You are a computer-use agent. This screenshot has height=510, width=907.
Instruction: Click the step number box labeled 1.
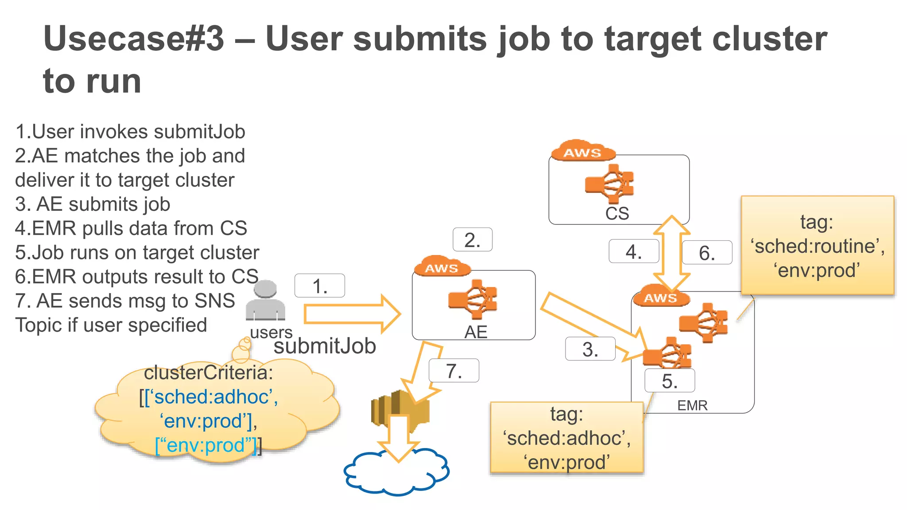click(x=319, y=286)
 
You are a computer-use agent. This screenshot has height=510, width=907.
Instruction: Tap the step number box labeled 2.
click(x=472, y=240)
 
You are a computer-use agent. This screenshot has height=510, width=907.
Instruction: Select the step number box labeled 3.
click(x=590, y=349)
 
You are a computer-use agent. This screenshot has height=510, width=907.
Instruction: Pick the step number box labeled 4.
click(x=633, y=251)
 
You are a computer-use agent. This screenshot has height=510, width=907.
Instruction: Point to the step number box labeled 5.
click(x=669, y=381)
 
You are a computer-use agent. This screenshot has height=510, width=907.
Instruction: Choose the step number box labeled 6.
click(x=707, y=252)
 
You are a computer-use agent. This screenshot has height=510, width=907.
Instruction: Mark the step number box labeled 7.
click(x=453, y=371)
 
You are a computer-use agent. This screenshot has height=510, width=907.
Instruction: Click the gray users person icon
click(x=265, y=301)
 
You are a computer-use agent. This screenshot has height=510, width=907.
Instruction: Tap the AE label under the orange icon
click(x=476, y=332)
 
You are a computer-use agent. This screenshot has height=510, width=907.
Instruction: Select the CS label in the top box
click(x=617, y=213)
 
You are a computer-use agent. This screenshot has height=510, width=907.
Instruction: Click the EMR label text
click(x=692, y=405)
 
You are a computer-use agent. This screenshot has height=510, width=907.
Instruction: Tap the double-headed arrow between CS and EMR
click(x=672, y=253)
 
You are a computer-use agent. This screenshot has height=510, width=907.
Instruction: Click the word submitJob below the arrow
click(x=325, y=346)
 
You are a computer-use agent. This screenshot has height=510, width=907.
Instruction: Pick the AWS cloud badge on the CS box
click(x=583, y=152)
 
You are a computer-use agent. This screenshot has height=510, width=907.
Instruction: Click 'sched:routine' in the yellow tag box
click(x=817, y=246)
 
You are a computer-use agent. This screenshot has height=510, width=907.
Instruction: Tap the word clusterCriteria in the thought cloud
click(x=208, y=372)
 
